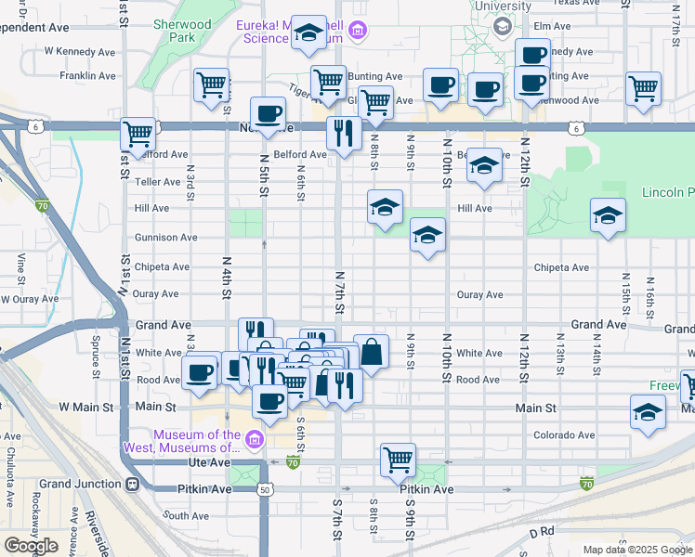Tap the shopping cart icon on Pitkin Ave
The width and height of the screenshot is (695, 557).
398,459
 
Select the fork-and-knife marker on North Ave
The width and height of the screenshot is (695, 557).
344,134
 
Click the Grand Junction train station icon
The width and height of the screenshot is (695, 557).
133,484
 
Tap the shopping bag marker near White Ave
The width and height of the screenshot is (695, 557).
371,352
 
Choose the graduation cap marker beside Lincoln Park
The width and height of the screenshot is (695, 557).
608,215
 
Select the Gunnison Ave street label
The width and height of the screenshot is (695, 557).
166,238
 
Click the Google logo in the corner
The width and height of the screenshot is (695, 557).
30,545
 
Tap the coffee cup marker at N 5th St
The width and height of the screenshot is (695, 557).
268,113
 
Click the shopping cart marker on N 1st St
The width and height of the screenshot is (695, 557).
138,134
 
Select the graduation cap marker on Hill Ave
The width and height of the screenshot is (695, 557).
385,207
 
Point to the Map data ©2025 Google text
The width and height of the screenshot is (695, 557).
636,550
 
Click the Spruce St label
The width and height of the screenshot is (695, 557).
95,363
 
